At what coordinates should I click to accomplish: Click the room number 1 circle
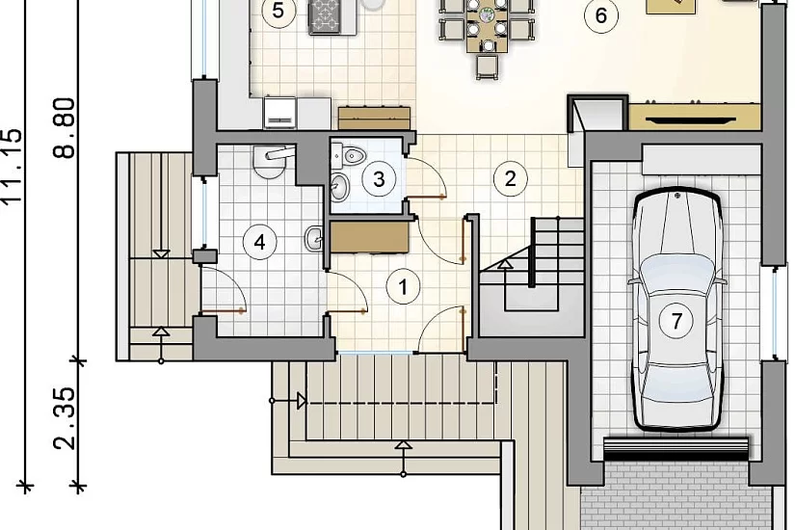click(x=403, y=287)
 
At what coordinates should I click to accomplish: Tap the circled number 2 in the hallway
click(x=510, y=178)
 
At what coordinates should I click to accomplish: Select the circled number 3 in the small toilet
click(x=379, y=179)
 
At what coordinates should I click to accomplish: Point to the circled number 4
click(x=259, y=242)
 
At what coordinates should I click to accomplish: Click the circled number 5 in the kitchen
click(x=278, y=11)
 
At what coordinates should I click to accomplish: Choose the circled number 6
click(x=601, y=15)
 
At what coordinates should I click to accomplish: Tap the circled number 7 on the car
click(x=676, y=321)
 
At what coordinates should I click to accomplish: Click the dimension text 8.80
click(x=65, y=128)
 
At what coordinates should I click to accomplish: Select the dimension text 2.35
click(x=65, y=419)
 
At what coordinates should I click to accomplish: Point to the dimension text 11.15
click(x=12, y=167)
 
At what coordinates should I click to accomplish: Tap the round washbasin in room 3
click(x=339, y=186)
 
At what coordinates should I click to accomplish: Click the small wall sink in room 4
click(x=314, y=238)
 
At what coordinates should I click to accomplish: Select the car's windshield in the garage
click(x=676, y=275)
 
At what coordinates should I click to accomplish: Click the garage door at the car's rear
click(x=676, y=448)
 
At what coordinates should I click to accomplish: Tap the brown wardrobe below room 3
click(x=370, y=237)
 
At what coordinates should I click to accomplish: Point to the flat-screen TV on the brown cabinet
click(x=692, y=120)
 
